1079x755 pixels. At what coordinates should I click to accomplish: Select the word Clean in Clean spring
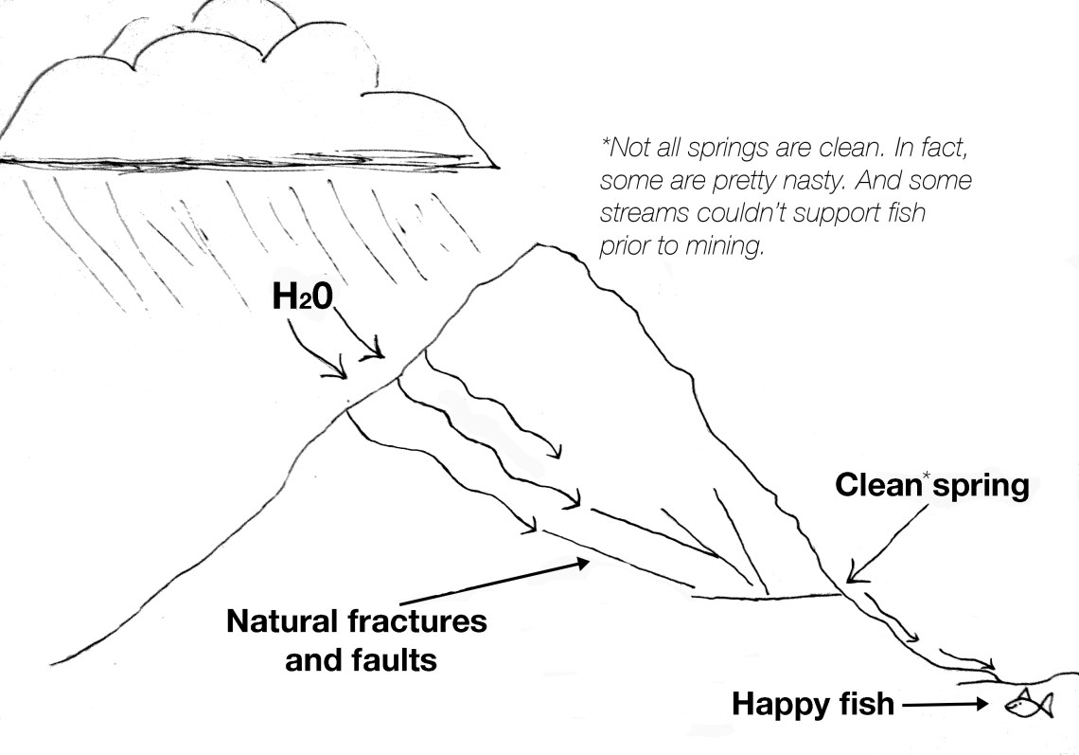tap(876, 487)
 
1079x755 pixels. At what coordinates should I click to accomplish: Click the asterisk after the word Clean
tap(924, 476)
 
